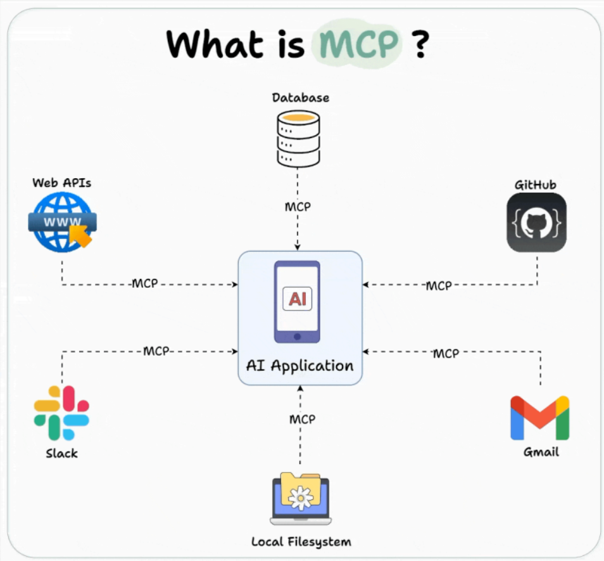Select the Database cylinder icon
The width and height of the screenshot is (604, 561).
pyautogui.click(x=296, y=139)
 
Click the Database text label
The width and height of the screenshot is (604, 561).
pyautogui.click(x=301, y=98)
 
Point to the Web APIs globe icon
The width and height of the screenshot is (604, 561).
pyautogui.click(x=62, y=222)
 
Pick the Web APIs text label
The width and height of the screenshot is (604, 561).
pyautogui.click(x=62, y=183)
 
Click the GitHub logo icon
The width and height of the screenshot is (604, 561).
pyautogui.click(x=536, y=222)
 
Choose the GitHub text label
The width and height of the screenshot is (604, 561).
pyautogui.click(x=535, y=184)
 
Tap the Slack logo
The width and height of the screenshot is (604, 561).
pyautogui.click(x=61, y=413)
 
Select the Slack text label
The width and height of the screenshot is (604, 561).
pyautogui.click(x=61, y=453)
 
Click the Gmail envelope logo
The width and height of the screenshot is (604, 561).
pyautogui.click(x=539, y=418)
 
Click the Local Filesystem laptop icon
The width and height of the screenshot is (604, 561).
pyautogui.click(x=301, y=500)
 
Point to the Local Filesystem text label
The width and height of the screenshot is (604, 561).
pyautogui.click(x=301, y=542)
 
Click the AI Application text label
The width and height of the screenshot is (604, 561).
pyautogui.click(x=300, y=366)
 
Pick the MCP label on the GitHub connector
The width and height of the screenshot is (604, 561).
pyautogui.click(x=438, y=286)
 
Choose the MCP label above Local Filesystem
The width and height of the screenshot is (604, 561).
pyautogui.click(x=302, y=419)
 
